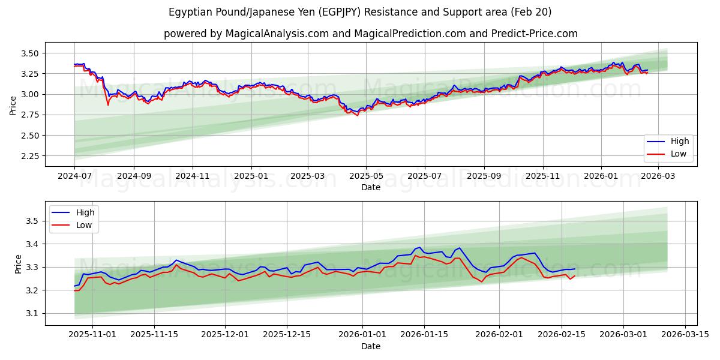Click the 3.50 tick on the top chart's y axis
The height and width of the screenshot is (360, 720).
30,53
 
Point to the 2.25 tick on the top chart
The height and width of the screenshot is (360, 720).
30,156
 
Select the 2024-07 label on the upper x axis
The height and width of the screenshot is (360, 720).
74,176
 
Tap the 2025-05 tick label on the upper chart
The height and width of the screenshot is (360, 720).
366,176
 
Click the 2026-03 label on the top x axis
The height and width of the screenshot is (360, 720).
658,176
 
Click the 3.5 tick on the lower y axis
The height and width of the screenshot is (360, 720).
34,221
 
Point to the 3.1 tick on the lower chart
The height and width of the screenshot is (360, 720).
34,314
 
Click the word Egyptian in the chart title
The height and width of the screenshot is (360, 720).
189,12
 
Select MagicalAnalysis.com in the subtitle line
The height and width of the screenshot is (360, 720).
277,34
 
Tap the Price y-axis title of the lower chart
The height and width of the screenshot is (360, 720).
18,263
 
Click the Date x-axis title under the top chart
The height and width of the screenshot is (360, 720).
371,187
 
